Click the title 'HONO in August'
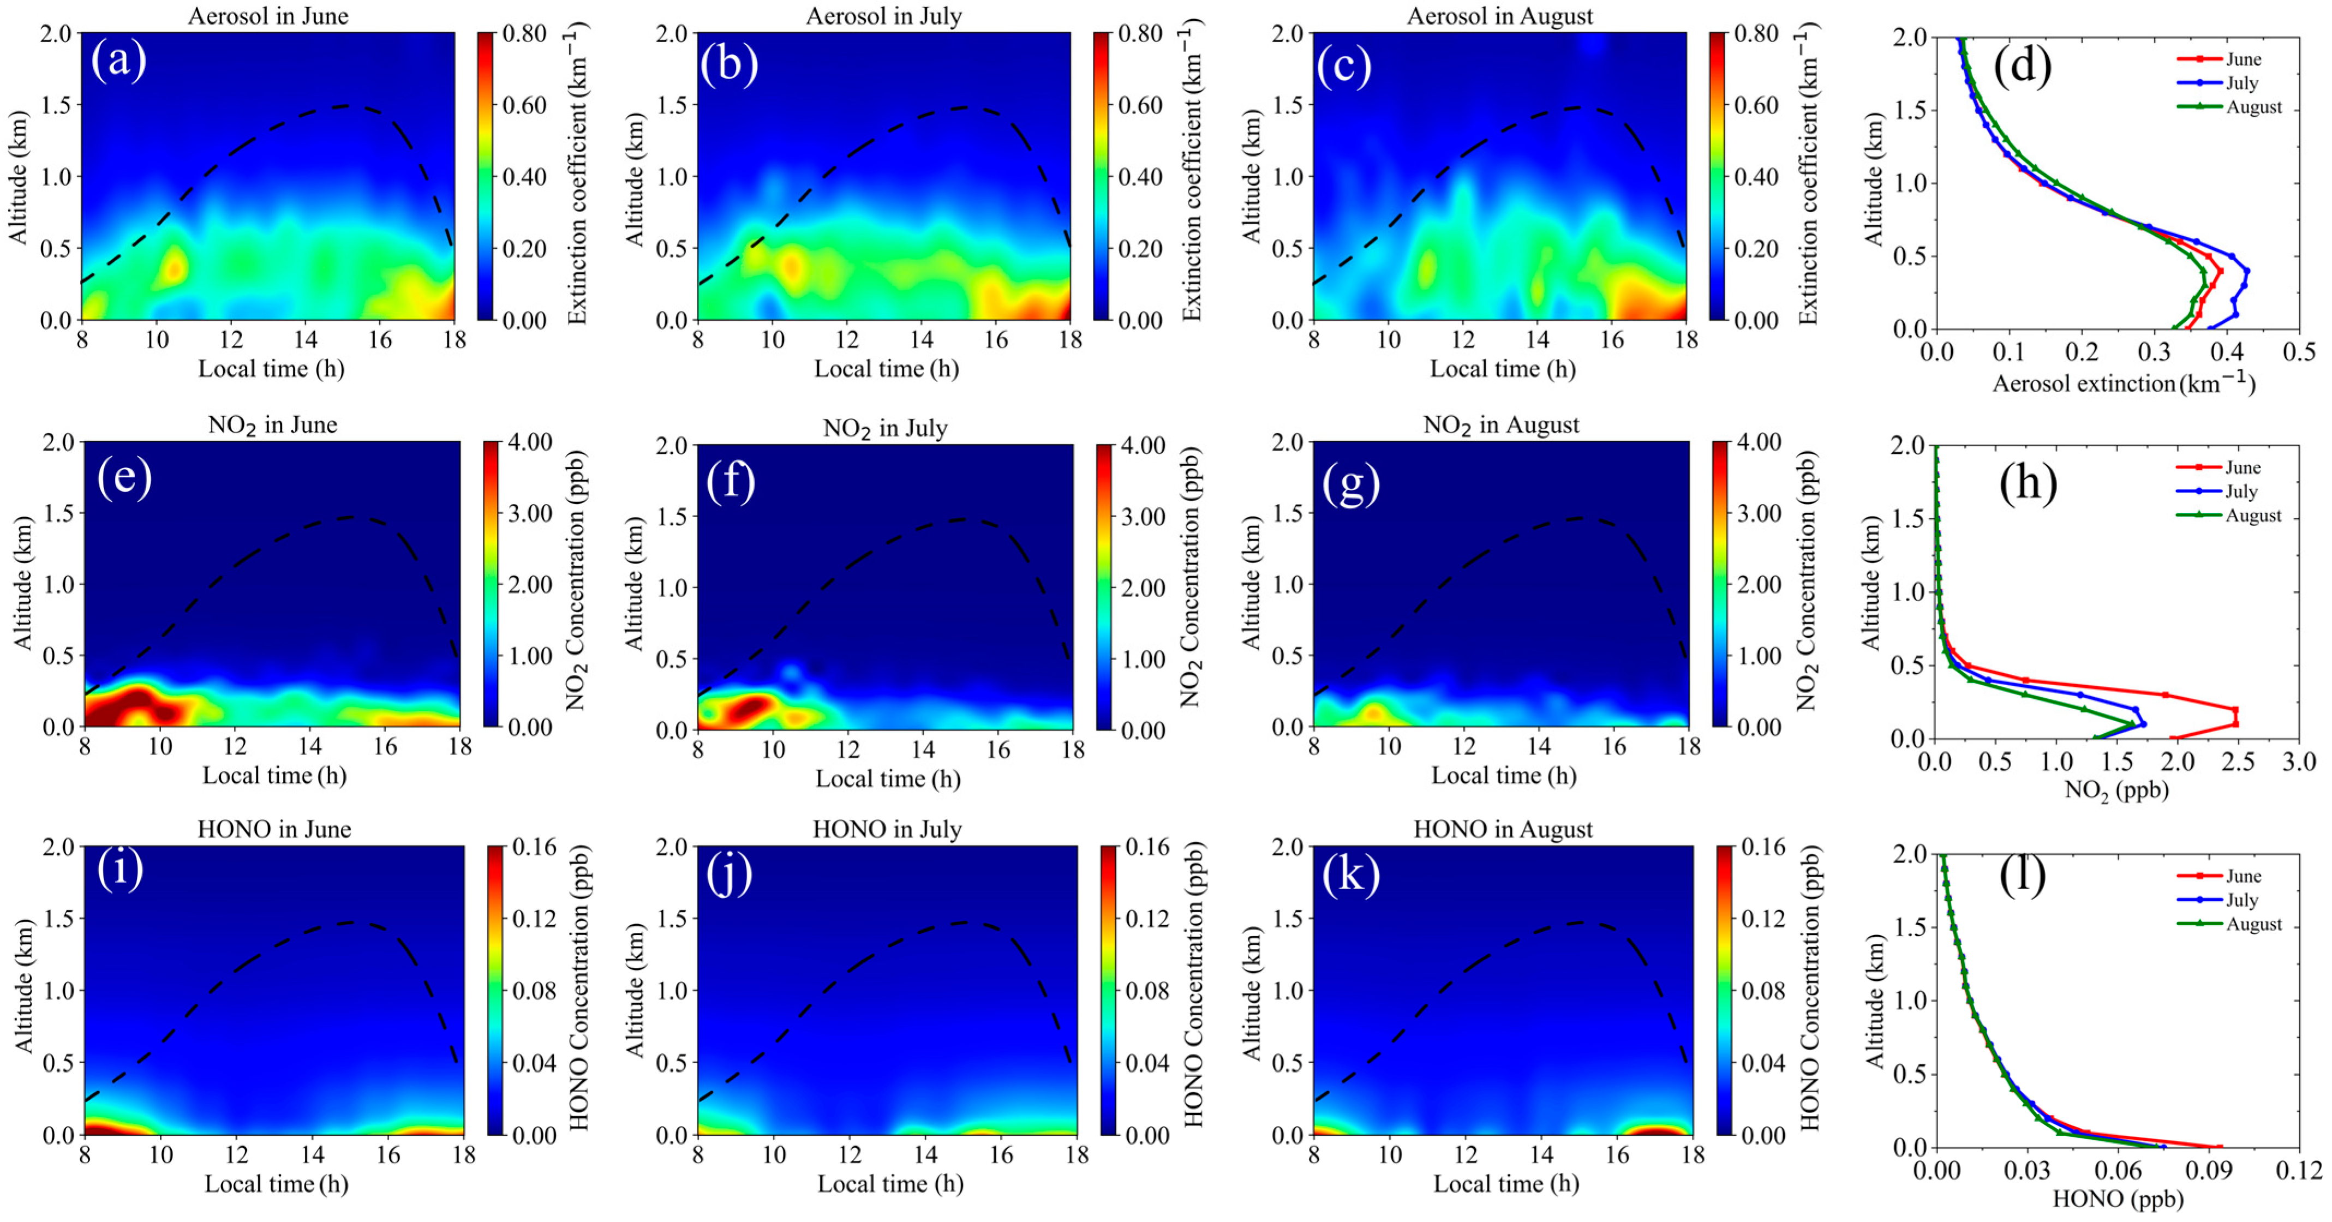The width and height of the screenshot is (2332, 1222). coord(1503,829)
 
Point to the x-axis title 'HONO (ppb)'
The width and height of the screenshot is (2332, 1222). coord(2118,1200)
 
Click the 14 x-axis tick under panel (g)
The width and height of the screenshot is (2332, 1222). coord(1539,747)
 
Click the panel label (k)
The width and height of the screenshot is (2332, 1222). coord(1350,874)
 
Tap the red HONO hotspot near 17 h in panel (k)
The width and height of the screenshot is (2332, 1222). coord(1655,1129)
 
